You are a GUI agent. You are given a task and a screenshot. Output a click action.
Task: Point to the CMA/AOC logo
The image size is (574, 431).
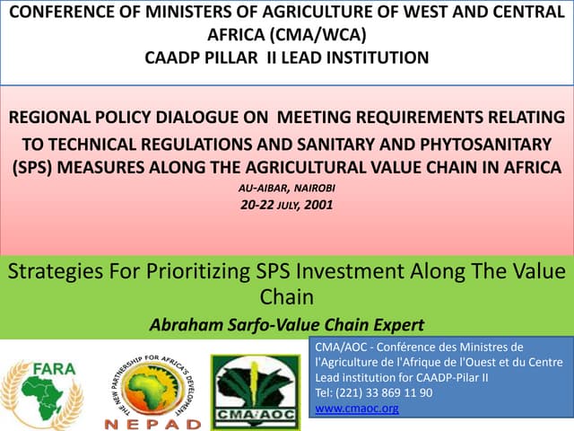coord(255,390)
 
